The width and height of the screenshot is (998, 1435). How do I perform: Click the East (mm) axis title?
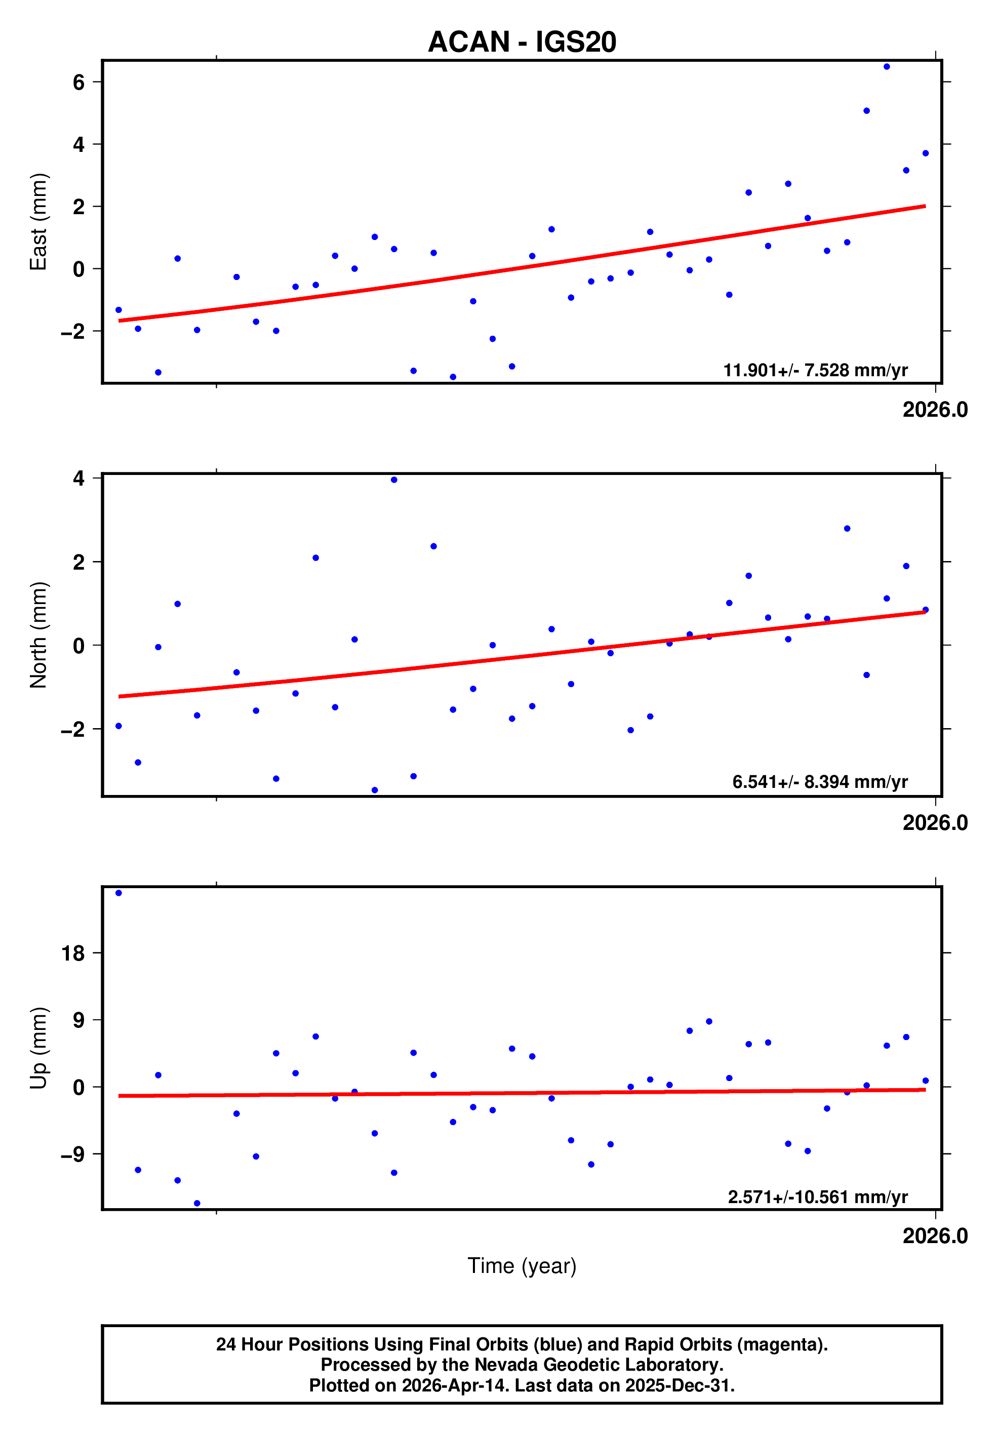(x=39, y=222)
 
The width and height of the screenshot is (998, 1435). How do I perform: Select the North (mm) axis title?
(x=39, y=634)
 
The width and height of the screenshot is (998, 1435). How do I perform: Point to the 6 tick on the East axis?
(x=79, y=82)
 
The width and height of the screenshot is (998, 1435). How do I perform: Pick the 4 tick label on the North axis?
(x=79, y=479)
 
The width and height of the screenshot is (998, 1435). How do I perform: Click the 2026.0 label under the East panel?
(x=934, y=410)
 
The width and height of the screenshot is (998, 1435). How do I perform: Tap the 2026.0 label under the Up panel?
(x=934, y=1236)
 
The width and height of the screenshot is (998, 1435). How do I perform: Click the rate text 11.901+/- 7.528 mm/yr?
(x=815, y=371)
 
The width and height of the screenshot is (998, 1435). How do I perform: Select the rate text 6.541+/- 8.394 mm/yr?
(x=819, y=782)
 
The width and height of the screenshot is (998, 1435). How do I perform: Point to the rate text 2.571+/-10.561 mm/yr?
(x=817, y=1197)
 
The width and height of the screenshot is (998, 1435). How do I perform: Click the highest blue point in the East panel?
(x=886, y=67)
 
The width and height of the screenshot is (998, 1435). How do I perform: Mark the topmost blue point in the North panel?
(x=394, y=480)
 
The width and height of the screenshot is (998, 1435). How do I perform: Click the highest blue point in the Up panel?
(x=118, y=893)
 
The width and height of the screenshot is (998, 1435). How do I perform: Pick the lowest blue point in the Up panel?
(x=197, y=1203)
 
